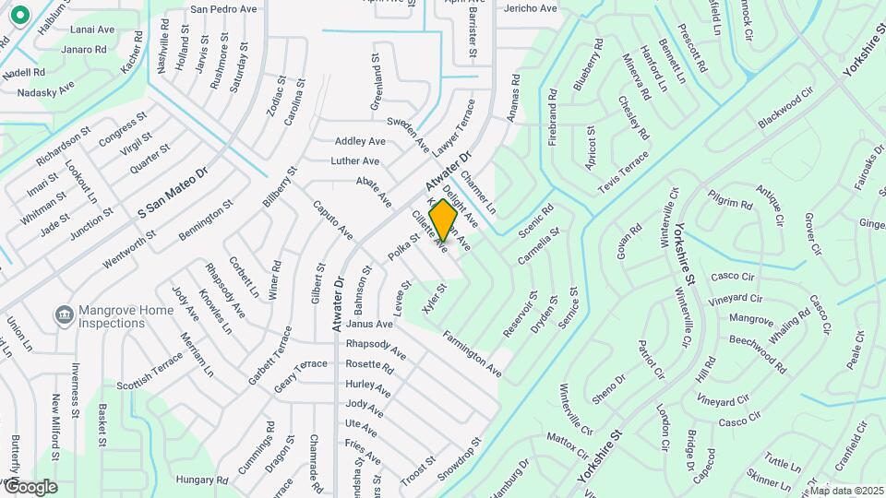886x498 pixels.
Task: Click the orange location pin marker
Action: pyautogui.click(x=443, y=220)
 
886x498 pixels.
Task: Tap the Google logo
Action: pyautogui.click(x=30, y=486)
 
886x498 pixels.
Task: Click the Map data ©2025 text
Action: pyautogui.click(x=846, y=491)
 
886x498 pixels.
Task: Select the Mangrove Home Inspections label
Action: pyautogui.click(x=126, y=316)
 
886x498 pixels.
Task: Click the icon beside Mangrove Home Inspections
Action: pyautogui.click(x=65, y=316)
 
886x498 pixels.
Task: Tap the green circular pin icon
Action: pyautogui.click(x=19, y=15)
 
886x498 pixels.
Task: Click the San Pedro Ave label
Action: pyautogui.click(x=223, y=9)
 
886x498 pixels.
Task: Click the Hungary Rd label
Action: pyautogui.click(x=201, y=480)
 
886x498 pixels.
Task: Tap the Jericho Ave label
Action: pyautogui.click(x=531, y=8)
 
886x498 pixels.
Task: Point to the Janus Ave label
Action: pyautogui.click(x=371, y=325)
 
